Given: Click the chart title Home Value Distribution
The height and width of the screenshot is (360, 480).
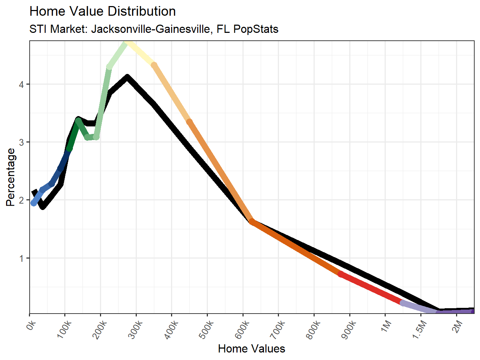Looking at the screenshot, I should pos(102,11).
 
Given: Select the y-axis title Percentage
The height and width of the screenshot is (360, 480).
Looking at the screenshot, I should pos(11,177).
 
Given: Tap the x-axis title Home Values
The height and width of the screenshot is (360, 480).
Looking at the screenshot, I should pos(251,349).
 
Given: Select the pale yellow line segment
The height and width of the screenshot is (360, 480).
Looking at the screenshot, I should pos(141,54).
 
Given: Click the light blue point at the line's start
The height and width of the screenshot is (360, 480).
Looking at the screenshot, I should pos(34,203).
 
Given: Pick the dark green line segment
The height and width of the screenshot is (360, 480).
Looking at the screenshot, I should pos(74,135).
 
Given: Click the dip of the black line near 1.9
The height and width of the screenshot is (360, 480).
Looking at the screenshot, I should pos(42,206).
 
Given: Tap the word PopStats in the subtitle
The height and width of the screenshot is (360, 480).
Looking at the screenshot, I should pos(256,29).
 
